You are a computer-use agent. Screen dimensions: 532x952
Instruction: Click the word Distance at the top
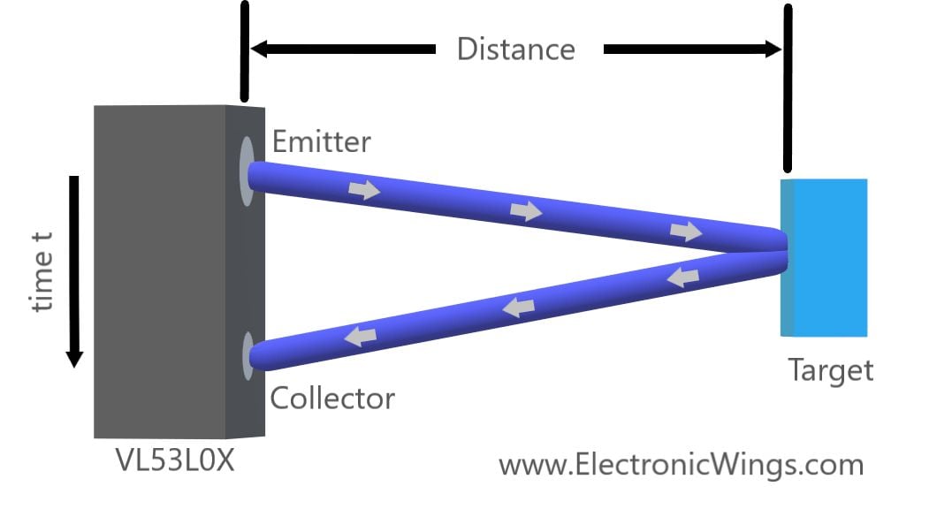point(515,49)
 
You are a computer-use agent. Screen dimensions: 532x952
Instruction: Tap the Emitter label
point(322,141)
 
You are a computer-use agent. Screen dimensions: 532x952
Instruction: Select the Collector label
point(331,399)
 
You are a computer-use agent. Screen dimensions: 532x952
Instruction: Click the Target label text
point(830,369)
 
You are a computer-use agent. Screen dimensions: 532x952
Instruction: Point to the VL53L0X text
point(175,460)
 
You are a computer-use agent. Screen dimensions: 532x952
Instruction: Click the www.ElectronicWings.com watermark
point(681,464)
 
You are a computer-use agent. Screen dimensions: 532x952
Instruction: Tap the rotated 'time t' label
point(42,271)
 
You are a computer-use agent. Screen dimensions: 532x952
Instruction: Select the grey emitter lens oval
point(247,171)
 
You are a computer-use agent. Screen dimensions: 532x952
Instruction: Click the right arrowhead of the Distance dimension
point(771,49)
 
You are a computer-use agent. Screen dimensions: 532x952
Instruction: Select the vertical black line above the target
point(787,87)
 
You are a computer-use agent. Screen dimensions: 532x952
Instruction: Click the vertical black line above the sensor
point(245,50)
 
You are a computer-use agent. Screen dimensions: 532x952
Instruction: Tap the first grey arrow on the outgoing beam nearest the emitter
point(364,189)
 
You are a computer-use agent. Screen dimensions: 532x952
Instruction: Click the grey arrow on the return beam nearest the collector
point(360,336)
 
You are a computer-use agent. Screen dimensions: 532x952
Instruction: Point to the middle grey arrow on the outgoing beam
point(526,210)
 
